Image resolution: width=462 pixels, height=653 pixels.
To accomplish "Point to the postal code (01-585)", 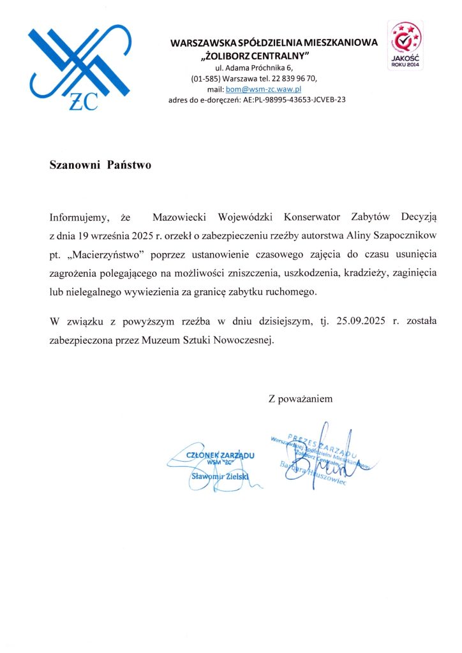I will tap(205, 78).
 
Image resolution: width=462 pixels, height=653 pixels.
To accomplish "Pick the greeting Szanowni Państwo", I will tap(100, 165).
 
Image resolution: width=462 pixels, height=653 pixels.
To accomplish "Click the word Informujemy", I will tap(75, 218).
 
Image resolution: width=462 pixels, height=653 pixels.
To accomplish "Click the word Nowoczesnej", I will tap(246, 340).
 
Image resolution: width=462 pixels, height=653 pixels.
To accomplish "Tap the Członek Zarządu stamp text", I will tap(220, 455).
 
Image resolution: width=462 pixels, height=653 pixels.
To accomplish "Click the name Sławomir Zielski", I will tap(220, 476).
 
